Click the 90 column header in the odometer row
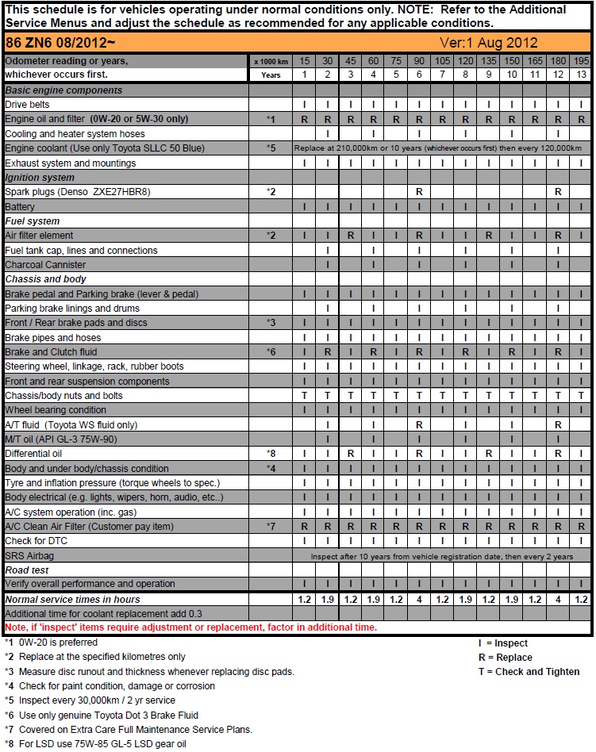point(419,60)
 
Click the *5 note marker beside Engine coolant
point(271,148)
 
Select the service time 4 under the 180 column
point(559,600)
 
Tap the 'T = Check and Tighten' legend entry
point(529,672)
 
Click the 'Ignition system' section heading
point(40,178)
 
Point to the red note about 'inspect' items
point(190,627)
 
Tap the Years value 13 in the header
point(581,75)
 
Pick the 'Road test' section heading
point(27,570)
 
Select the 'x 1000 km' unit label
point(271,61)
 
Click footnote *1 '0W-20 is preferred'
point(52,643)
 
